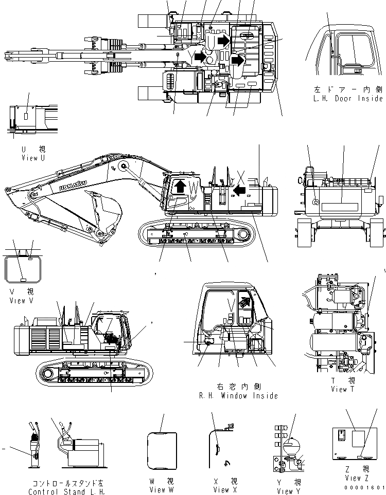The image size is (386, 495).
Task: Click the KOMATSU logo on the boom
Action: (x=73, y=182)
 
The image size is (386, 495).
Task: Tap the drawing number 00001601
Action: (x=366, y=487)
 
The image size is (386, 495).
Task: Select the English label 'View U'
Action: (x=30, y=158)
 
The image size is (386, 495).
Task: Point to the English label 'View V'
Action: (x=22, y=301)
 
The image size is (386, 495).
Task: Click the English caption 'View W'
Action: (x=161, y=490)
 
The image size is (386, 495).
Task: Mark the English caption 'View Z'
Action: (x=357, y=478)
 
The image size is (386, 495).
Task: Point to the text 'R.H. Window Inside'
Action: (x=238, y=395)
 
